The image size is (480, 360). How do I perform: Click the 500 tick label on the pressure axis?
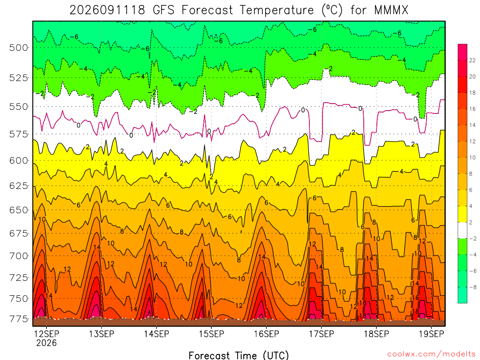click(19, 48)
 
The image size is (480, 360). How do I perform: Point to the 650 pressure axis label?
click(19, 210)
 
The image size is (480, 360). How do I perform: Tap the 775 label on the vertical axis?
click(19, 319)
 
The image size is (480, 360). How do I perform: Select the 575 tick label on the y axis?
click(19, 134)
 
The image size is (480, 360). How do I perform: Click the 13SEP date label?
click(101, 334)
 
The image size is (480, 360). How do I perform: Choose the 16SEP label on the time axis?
click(266, 334)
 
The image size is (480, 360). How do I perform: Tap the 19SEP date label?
click(431, 334)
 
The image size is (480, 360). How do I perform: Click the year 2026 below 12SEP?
click(46, 343)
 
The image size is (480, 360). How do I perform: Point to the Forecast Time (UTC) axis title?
click(239, 355)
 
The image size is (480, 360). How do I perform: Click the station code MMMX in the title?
click(391, 10)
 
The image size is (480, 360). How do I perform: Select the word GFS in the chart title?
click(163, 10)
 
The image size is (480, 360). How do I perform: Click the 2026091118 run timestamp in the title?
click(107, 10)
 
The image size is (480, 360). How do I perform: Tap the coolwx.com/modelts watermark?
click(431, 354)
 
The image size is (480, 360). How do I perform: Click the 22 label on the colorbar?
click(472, 60)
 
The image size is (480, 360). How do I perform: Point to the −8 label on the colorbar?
click(473, 287)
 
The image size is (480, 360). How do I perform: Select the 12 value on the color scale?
click(472, 141)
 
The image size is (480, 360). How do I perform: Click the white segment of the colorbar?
click(463, 230)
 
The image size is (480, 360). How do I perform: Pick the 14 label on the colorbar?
click(472, 125)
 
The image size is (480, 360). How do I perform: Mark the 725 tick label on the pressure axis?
click(19, 278)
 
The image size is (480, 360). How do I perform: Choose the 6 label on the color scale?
click(471, 190)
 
